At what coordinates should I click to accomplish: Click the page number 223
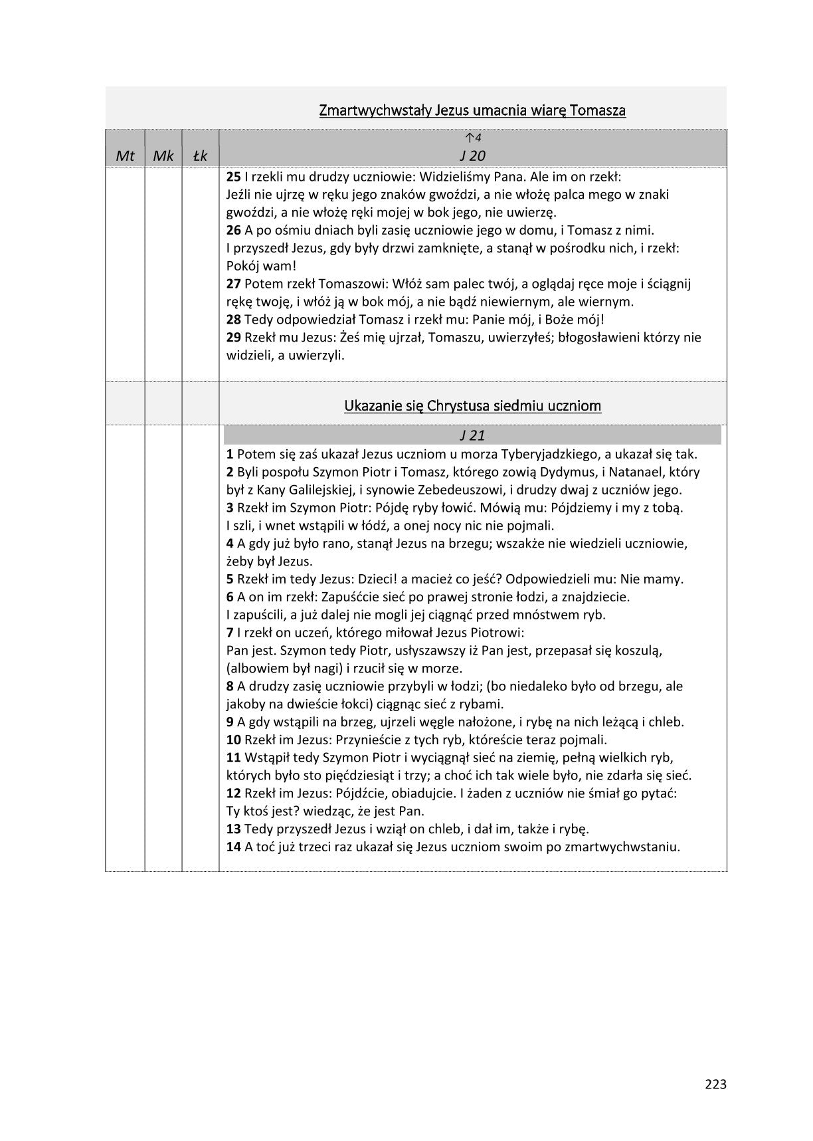pos(715,1084)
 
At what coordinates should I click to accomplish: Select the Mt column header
pos(125,156)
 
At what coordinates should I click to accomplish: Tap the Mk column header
pos(163,156)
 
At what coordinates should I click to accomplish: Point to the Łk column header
pos(200,156)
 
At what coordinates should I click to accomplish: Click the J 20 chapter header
pos(472,156)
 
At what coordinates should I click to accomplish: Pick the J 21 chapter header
pos(472,436)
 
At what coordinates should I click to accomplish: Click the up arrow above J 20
pos(470,138)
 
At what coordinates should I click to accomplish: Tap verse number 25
pos(233,177)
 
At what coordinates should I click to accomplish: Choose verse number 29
pos(233,338)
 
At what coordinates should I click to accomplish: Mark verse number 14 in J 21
pos(233,847)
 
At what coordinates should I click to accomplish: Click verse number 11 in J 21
pos(233,758)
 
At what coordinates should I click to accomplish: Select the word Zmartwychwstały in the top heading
pos(374,110)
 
